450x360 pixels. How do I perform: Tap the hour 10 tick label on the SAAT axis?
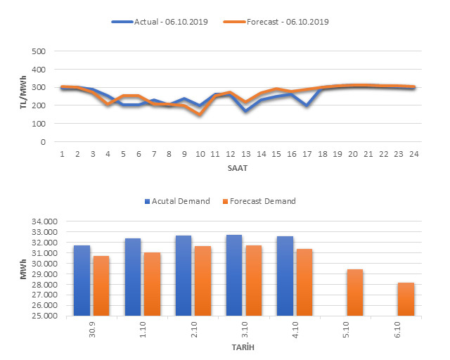pos(200,153)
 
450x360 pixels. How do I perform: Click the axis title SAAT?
pos(238,169)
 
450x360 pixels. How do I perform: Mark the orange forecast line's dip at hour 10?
pos(200,114)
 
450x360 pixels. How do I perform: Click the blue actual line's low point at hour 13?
pos(245,111)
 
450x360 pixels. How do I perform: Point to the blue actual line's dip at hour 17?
pos(307,105)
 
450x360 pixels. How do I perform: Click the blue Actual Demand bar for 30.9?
pos(82,281)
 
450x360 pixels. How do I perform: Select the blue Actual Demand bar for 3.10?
pos(234,275)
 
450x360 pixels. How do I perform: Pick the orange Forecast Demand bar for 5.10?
pos(354,292)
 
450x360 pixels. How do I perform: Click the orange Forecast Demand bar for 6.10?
pos(406,299)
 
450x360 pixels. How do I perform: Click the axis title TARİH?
pos(243,348)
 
